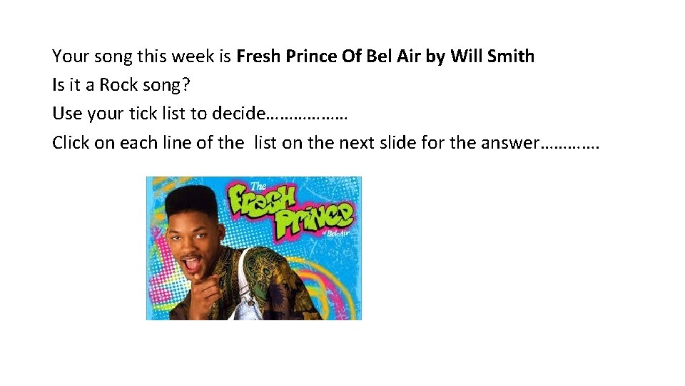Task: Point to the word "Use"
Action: coord(66,114)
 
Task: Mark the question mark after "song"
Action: coord(187,85)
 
